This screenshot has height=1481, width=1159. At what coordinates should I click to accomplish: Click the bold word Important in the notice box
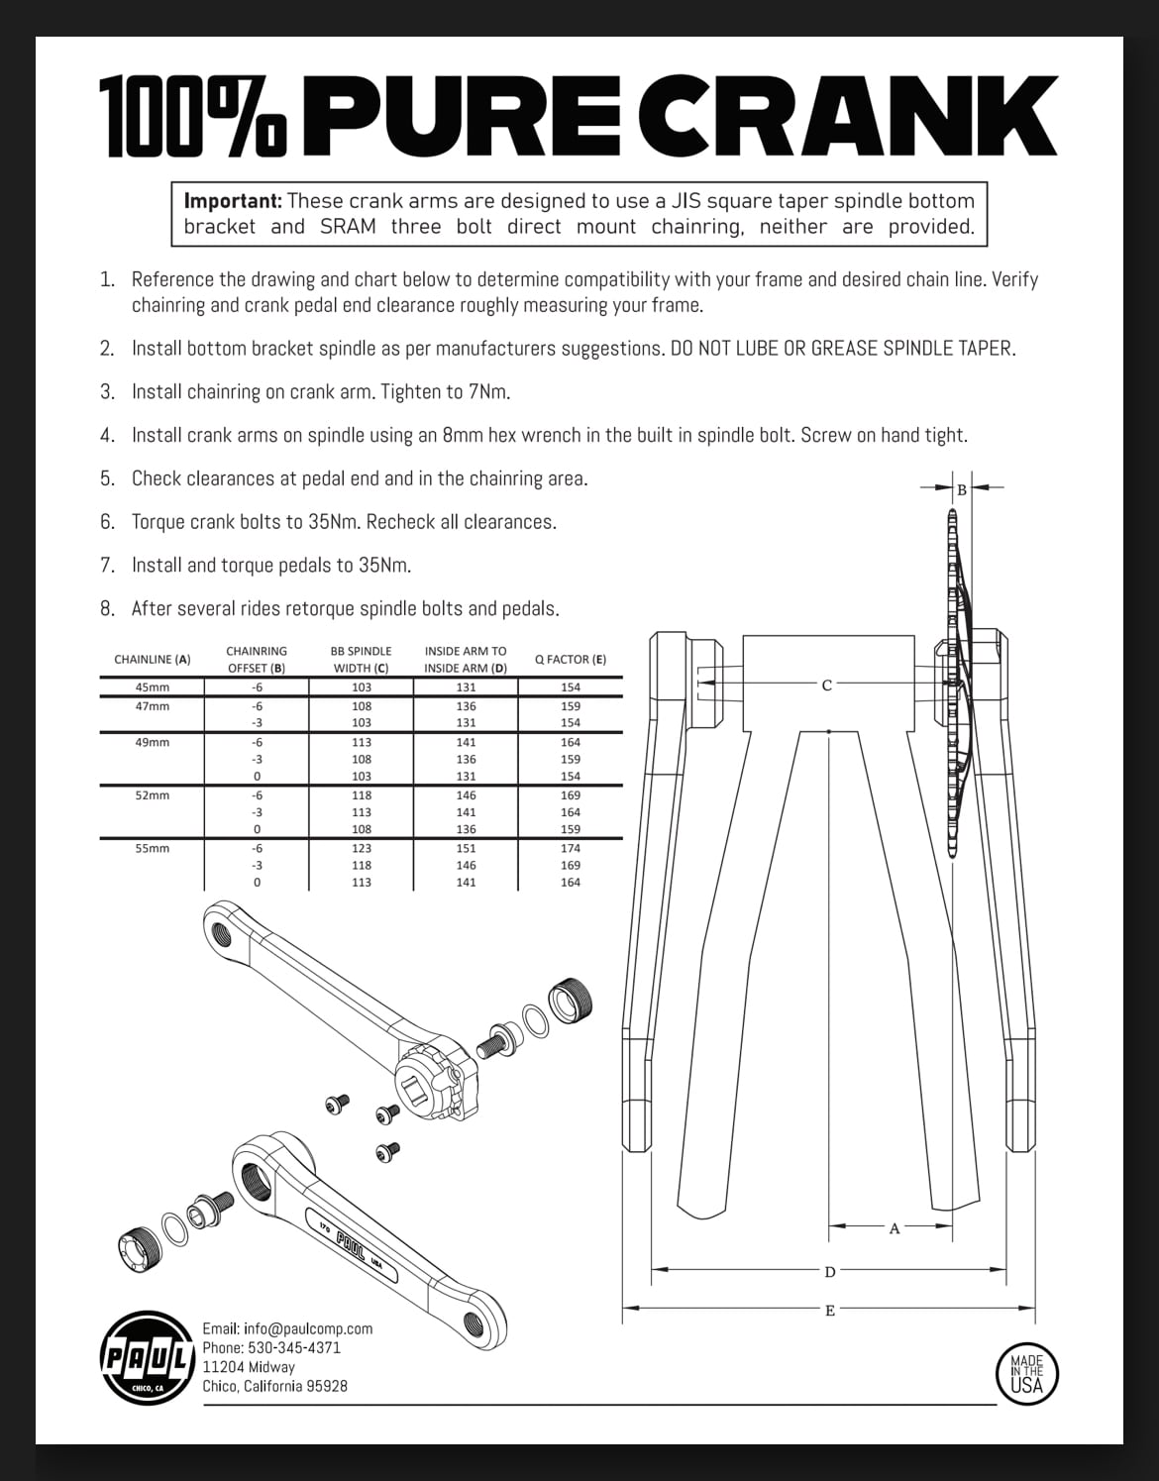coord(233,201)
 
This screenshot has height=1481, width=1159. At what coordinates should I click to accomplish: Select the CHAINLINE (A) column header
coord(153,659)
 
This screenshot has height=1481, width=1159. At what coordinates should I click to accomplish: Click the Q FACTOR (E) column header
coord(571,659)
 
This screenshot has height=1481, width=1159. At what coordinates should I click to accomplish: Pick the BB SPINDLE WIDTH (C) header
coord(361,659)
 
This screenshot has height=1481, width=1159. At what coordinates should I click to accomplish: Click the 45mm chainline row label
coord(153,687)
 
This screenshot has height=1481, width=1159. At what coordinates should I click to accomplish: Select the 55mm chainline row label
coord(153,848)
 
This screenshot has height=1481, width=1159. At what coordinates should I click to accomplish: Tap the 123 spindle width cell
coord(362,848)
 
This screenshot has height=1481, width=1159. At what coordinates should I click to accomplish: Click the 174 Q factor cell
coord(571,848)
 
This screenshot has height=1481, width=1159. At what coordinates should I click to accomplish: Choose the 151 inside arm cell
coord(466,848)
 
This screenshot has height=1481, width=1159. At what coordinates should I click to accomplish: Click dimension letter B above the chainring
coord(961,489)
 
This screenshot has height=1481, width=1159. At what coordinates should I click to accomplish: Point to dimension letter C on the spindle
coord(827,685)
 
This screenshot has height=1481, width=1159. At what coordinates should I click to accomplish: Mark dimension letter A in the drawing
coord(895,1228)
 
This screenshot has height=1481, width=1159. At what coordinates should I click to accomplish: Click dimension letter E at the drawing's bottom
coord(830,1312)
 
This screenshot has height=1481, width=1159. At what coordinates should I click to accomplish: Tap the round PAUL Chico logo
coord(147,1356)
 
